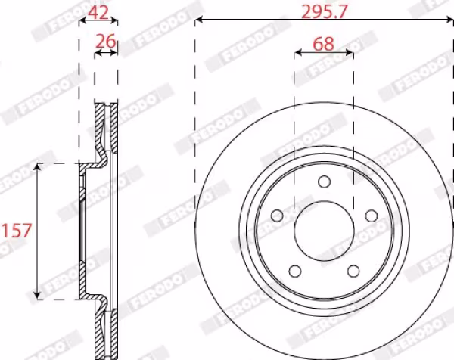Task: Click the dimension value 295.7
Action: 324,12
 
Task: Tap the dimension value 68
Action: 324,45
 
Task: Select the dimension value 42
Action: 98,12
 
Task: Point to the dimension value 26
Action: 106,41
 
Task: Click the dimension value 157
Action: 16,231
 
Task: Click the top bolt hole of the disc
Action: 324,182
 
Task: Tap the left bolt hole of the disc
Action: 277,216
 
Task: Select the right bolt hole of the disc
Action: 372,216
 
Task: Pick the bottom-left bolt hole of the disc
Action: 295,272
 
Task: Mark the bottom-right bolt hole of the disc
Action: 353,272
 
